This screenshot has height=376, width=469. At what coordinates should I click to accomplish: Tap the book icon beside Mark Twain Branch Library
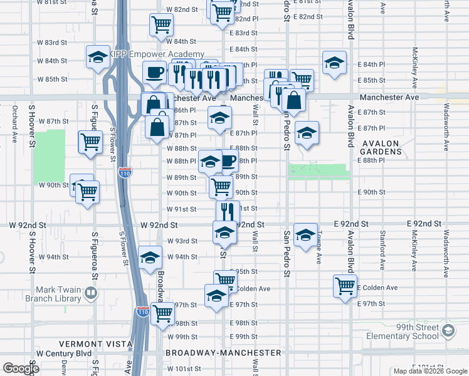click(x=92, y=293)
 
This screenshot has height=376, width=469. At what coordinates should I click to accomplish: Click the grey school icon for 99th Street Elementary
click(x=448, y=330)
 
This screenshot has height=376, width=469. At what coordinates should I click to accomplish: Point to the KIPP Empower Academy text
click(x=157, y=55)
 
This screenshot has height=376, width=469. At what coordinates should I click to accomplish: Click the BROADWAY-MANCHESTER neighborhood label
click(x=223, y=353)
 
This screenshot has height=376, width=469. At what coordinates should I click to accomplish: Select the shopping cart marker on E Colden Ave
click(x=345, y=286)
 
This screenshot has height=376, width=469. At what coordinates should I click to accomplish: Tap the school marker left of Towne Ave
click(x=305, y=235)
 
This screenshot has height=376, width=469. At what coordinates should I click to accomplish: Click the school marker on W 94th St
click(x=150, y=257)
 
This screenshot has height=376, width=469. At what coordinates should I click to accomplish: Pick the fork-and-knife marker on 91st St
click(x=228, y=211)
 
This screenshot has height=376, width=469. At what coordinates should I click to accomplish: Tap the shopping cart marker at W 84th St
click(x=161, y=25)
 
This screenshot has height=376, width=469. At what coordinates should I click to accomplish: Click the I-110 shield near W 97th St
click(x=142, y=311)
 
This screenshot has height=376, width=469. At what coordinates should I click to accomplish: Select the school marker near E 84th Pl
click(x=335, y=63)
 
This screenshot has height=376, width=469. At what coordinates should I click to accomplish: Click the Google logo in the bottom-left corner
click(x=21, y=368)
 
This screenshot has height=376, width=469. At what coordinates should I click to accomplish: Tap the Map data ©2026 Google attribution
click(x=429, y=371)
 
